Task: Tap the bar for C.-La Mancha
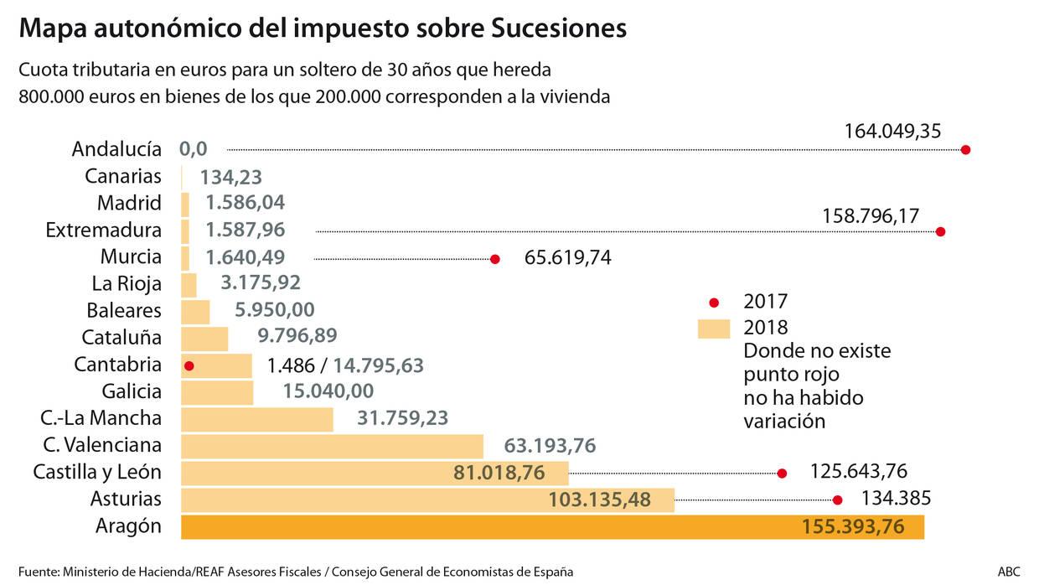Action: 256,419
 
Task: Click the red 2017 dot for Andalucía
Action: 965,150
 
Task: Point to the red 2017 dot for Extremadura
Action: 940,232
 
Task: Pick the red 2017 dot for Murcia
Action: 495,259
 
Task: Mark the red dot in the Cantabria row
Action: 189,366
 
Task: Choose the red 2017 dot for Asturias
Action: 837,500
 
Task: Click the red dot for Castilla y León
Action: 782,474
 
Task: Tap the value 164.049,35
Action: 894,131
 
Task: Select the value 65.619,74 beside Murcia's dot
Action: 567,257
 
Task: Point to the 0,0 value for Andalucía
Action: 193,149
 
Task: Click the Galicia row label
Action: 132,391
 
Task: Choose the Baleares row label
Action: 124,311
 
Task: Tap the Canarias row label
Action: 123,176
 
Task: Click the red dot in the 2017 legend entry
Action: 714,302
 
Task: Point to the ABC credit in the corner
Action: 1009,572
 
